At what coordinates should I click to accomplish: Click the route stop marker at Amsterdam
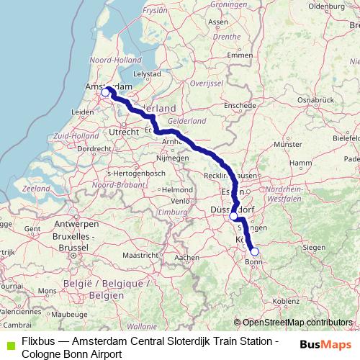pos(105,92)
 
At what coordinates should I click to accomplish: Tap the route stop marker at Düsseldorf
pos(233,216)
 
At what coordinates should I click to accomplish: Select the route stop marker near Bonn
pos(254,252)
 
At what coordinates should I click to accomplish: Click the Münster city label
pos(288,145)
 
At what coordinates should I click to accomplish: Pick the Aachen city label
pos(186,257)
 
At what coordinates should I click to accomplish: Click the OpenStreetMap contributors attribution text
pos(297,322)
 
